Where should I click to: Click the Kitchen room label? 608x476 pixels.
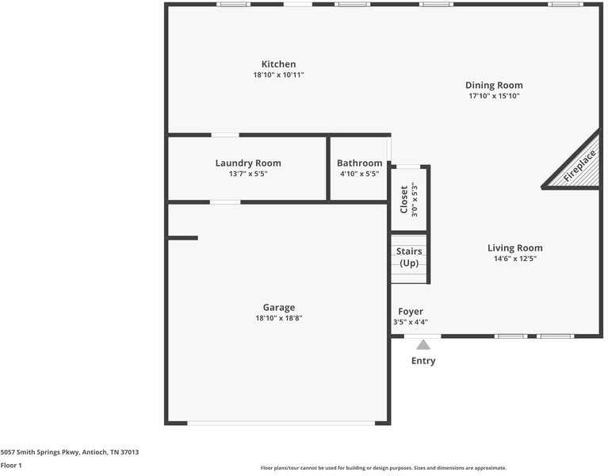(x=278, y=64)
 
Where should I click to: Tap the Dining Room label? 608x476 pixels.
(x=493, y=85)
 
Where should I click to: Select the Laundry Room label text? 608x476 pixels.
(x=247, y=163)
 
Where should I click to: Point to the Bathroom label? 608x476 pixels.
(x=360, y=163)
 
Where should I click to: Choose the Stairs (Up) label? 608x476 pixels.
(x=409, y=257)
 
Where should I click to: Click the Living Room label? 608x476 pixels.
(x=514, y=248)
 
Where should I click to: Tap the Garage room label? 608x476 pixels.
(x=278, y=307)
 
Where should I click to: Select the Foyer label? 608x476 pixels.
(x=410, y=312)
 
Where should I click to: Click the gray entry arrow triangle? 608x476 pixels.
(x=423, y=345)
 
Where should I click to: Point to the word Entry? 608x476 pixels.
(x=423, y=361)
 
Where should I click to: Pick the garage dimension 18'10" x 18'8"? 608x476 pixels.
(x=278, y=318)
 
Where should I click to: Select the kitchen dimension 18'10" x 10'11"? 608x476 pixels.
(x=278, y=75)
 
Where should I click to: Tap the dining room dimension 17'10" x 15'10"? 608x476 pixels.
(x=493, y=96)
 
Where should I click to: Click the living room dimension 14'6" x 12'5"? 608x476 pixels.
(x=514, y=259)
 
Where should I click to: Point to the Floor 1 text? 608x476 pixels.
(x=11, y=465)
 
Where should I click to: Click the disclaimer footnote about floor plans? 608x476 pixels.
(x=383, y=468)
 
